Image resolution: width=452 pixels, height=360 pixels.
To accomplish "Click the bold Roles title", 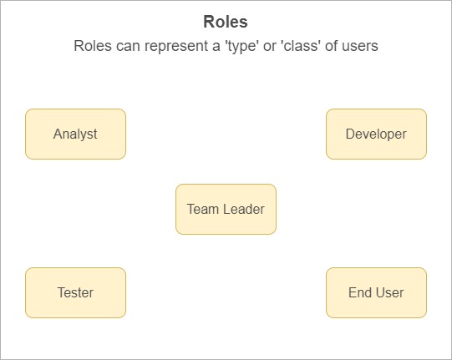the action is coord(226,22).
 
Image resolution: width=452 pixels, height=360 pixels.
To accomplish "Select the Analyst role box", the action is coord(75,134).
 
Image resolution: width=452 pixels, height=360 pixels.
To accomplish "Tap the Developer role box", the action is coord(376,134).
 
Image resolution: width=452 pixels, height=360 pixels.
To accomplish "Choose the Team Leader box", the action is coord(226,210).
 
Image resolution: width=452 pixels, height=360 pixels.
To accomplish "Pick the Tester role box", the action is coord(75,293).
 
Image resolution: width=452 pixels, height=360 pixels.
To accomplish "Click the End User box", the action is coord(376,293).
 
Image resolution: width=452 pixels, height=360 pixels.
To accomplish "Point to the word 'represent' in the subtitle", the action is coord(175,47).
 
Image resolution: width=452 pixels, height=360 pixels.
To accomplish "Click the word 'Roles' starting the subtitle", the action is coord(93,46).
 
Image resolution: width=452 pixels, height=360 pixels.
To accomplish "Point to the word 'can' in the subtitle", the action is coord(128,47).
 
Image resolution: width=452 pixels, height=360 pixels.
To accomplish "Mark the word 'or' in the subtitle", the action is coord(269,47).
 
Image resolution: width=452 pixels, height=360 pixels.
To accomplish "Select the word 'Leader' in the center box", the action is coord(244,210).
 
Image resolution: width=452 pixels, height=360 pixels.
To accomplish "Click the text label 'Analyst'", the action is coord(75,134).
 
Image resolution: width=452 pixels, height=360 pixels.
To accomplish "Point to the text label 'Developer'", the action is coord(376,134).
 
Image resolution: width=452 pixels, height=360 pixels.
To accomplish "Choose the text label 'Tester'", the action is coord(75,293).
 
